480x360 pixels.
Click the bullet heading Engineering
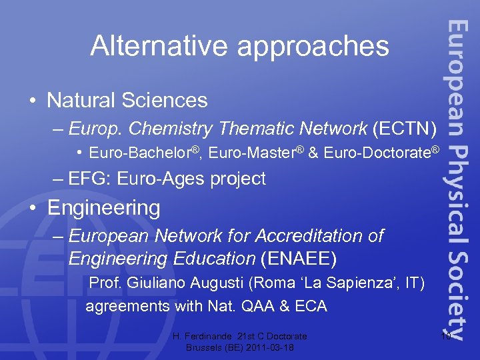point(103,208)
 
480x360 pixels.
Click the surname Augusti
point(215,283)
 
